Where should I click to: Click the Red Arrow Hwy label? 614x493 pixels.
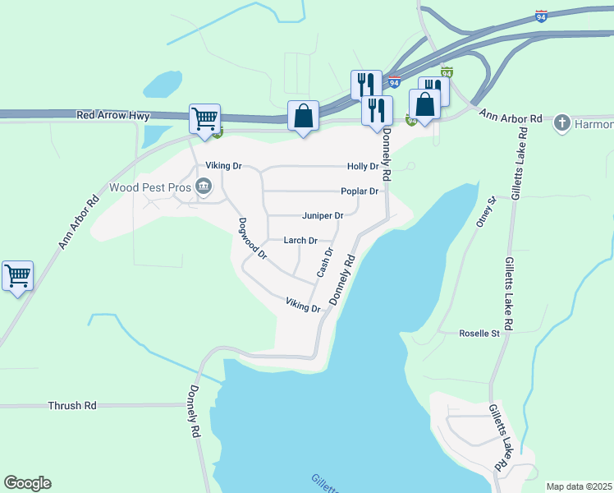click(x=113, y=116)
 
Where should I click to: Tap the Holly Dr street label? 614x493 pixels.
click(x=363, y=166)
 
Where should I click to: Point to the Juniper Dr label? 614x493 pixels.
click(x=322, y=215)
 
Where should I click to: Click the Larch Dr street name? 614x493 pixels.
click(x=300, y=241)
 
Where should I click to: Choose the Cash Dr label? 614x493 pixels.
click(x=324, y=262)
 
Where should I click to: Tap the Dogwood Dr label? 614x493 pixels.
click(x=253, y=238)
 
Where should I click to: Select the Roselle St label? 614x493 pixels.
click(x=479, y=334)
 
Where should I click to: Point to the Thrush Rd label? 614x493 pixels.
click(x=72, y=406)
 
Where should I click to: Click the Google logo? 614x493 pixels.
click(x=27, y=483)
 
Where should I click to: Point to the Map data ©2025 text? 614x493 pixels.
click(x=579, y=486)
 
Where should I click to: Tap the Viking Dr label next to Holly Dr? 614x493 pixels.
click(x=223, y=166)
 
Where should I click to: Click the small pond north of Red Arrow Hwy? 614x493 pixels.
click(x=163, y=83)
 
